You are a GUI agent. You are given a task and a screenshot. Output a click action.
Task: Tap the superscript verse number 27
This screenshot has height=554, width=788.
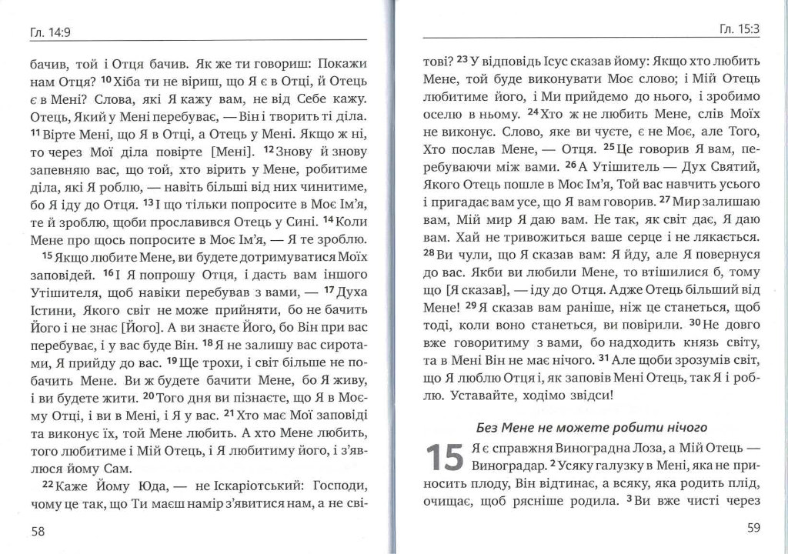point(666,201)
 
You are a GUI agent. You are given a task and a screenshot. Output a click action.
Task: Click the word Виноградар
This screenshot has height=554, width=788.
point(506,466)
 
